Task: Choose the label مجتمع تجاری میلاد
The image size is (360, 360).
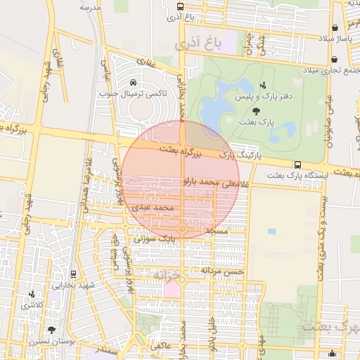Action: tap(331, 70)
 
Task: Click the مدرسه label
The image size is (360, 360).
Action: tap(91, 7)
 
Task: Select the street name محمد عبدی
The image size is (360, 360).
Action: tap(152, 208)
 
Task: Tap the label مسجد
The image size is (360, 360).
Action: tap(218, 231)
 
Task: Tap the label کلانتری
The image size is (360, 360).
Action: tap(35, 305)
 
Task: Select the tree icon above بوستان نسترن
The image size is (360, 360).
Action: tap(51, 330)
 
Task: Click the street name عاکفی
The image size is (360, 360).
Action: tap(160, 345)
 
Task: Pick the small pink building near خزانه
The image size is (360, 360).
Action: tap(171, 289)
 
